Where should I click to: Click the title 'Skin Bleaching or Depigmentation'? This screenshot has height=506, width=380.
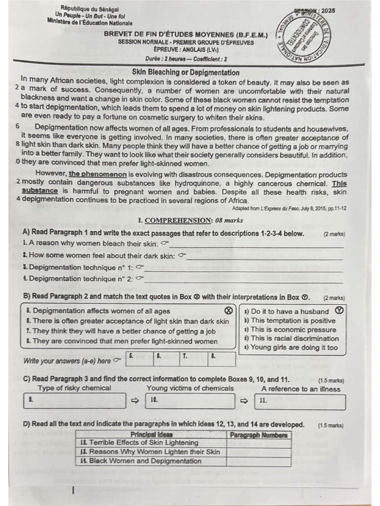(186, 73)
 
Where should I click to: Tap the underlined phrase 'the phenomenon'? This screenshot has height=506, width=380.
(98, 174)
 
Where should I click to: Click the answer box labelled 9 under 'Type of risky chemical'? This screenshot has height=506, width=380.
(74, 401)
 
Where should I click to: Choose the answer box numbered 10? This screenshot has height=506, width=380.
(190, 401)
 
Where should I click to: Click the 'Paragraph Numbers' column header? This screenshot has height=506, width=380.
(258, 435)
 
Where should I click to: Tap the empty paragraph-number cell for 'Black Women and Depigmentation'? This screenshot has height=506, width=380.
(258, 462)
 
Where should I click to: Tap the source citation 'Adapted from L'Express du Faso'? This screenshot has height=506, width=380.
(289, 209)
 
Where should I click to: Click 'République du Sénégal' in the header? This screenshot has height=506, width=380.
(90, 9)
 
